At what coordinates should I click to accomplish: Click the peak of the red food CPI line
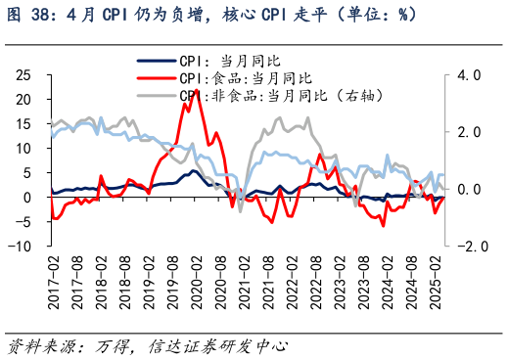click(197, 90)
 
